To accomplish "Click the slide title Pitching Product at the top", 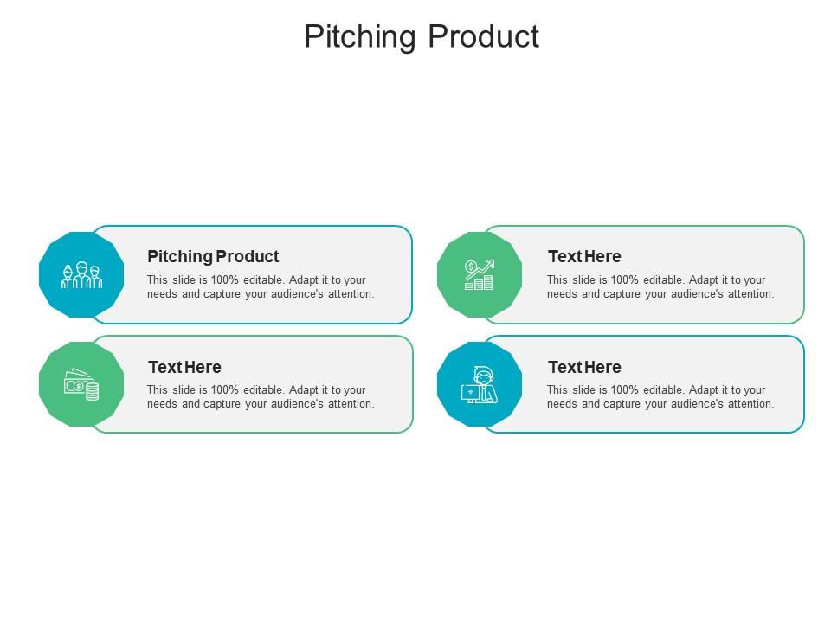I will click(422, 36).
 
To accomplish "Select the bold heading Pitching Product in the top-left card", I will click(213, 256).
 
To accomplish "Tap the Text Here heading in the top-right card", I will click(584, 256).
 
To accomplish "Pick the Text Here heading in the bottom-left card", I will click(184, 367).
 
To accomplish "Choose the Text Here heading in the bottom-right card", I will click(584, 367).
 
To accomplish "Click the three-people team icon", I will click(81, 275).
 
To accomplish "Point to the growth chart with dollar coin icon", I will click(480, 275).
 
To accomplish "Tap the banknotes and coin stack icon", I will click(81, 385).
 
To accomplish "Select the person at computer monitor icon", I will click(480, 385).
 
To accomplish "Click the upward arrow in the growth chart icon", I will click(483, 267).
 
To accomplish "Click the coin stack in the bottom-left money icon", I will click(92, 391).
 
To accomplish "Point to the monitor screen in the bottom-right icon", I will click(471, 392).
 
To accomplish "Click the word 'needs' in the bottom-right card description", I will click(562, 404).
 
